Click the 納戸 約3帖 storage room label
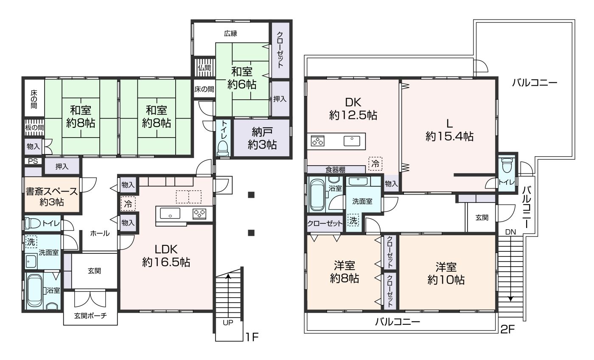coord(262,138)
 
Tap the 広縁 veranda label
coord(230,34)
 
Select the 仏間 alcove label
coord(204,67)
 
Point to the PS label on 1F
coord(33,161)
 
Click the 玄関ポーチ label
coord(90,316)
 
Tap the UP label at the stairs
coord(228,323)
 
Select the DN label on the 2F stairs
coord(510,232)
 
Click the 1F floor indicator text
coord(252,337)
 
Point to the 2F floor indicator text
coord(507,329)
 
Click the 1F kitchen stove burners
coord(199,214)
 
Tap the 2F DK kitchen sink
coord(352,141)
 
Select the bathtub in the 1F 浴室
coord(35,290)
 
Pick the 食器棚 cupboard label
coord(336,169)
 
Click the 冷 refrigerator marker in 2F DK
coord(375,163)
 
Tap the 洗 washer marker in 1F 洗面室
coord(31,242)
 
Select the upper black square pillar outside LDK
coord(251,195)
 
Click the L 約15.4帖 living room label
coord(449,130)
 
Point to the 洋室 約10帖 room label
coord(446,273)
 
